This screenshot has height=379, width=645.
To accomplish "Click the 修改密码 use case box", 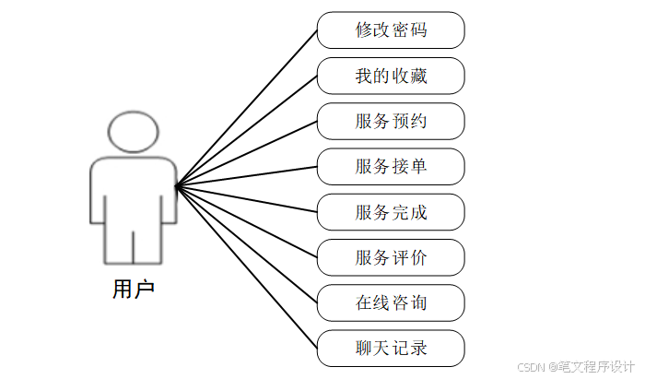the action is click(391, 30).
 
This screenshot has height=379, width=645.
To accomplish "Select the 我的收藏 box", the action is click(391, 76).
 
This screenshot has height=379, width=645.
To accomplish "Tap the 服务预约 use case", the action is click(391, 121).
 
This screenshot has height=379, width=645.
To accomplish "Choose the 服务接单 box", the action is click(391, 167).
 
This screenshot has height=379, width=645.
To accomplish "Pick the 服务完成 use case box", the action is click(391, 212).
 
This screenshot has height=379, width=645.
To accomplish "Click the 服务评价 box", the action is click(391, 257).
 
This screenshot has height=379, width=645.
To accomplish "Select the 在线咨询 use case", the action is click(391, 302).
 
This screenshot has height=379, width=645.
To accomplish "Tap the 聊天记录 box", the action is click(391, 349).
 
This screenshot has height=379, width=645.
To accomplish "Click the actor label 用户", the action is click(134, 290).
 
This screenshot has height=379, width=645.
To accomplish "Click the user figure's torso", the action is click(134, 189).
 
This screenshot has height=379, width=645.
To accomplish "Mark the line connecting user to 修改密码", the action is click(246, 107).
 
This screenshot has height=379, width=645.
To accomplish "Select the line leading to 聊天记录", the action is click(246, 266).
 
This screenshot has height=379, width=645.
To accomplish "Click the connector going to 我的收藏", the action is click(246, 130).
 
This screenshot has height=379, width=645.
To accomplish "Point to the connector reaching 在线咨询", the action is click(246, 243).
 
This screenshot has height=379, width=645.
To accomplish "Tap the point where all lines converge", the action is click(176, 184).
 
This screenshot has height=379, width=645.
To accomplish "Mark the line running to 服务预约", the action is click(246, 152).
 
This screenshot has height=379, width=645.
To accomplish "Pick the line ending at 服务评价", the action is click(246, 221).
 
